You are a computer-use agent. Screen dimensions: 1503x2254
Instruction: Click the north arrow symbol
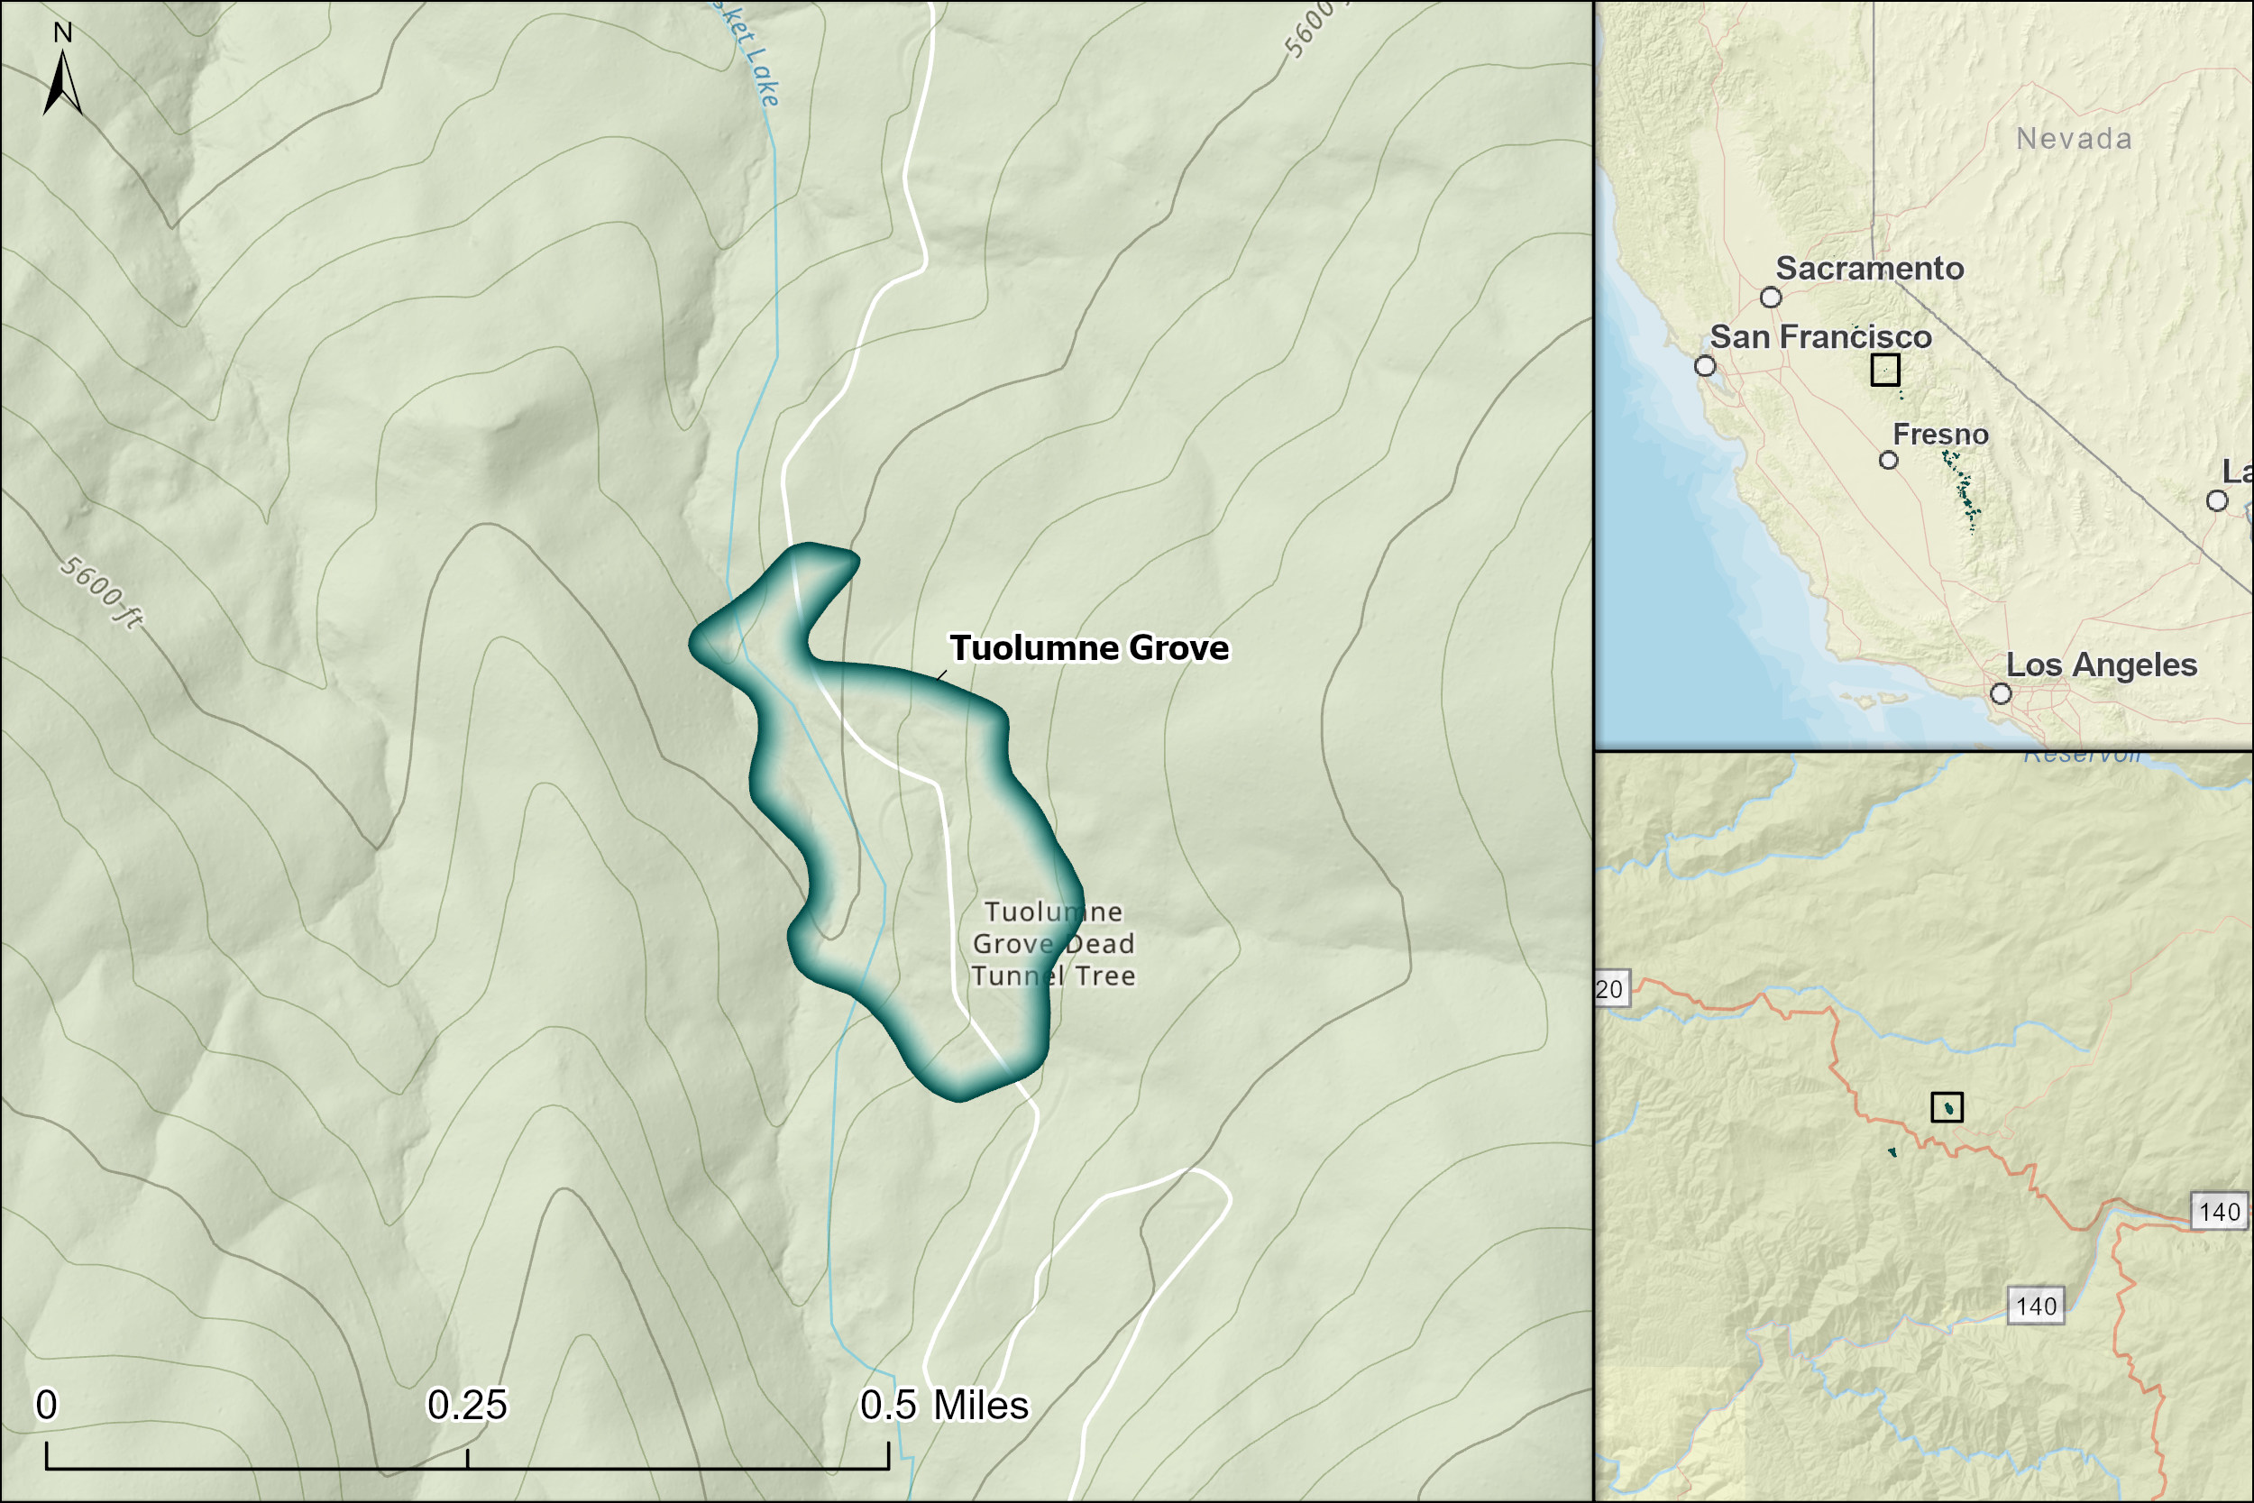pyautogui.click(x=62, y=85)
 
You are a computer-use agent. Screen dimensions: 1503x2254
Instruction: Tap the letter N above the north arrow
pyautogui.click(x=62, y=32)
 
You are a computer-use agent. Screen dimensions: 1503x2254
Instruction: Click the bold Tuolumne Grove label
pyautogui.click(x=1088, y=648)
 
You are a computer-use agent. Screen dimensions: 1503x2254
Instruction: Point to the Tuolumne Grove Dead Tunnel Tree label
pyautogui.click(x=1052, y=943)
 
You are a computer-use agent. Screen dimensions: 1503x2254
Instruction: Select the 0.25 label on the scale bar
pyautogui.click(x=467, y=1406)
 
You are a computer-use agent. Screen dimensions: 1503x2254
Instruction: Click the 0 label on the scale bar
pyautogui.click(x=46, y=1406)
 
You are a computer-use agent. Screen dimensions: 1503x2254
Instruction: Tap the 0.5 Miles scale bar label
pyautogui.click(x=944, y=1406)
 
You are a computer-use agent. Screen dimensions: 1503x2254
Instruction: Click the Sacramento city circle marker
pyautogui.click(x=1771, y=298)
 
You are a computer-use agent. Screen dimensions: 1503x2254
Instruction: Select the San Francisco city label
pyautogui.click(x=1821, y=337)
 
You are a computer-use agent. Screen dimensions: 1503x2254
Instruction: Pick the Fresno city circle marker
pyautogui.click(x=1889, y=460)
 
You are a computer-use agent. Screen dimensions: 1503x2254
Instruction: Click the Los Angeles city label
pyautogui.click(x=2102, y=665)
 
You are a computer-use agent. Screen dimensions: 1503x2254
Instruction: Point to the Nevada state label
pyautogui.click(x=2075, y=139)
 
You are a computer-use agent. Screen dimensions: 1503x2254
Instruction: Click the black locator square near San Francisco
pyautogui.click(x=1885, y=370)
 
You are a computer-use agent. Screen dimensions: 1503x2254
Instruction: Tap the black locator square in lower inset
pyautogui.click(x=1947, y=1107)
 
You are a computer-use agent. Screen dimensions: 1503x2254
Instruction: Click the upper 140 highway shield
pyautogui.click(x=2220, y=1212)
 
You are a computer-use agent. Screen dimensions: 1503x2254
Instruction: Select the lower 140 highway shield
pyautogui.click(x=2036, y=1306)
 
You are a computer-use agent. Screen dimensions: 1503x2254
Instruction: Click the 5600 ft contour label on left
pyautogui.click(x=102, y=592)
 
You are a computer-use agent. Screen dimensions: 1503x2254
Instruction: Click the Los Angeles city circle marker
pyautogui.click(x=2001, y=693)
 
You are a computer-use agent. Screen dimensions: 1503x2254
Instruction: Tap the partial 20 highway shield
pyautogui.click(x=1610, y=989)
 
